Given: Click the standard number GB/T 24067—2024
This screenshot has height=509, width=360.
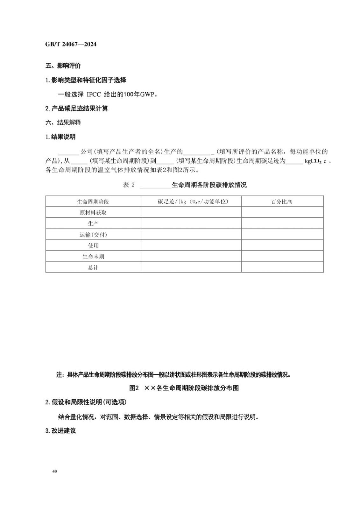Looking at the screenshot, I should [71, 45].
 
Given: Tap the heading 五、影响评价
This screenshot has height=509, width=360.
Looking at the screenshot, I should [63, 66].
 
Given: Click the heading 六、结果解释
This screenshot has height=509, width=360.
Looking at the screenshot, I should [63, 122].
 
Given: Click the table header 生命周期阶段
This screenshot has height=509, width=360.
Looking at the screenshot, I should [93, 202].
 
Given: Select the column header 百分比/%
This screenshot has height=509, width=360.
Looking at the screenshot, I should [282, 202].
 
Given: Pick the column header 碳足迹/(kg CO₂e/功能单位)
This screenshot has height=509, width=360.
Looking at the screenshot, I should [193, 202].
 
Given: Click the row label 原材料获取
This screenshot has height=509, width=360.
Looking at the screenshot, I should [93, 213].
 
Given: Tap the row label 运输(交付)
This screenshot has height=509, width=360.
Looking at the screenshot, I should [93, 235].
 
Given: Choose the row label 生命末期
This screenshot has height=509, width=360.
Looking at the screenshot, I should [93, 256].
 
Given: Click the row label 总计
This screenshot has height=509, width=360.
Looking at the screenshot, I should [93, 268].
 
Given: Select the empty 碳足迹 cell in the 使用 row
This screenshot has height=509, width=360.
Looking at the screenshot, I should [191, 246].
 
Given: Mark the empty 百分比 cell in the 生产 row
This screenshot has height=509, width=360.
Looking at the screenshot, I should [282, 223].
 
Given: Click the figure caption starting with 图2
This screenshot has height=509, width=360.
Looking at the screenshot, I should [184, 388].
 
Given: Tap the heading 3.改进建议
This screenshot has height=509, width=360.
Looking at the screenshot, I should [61, 431].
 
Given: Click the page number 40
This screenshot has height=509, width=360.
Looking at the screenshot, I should [54, 471].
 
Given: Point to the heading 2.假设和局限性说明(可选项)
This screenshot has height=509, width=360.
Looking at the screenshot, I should [86, 402].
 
